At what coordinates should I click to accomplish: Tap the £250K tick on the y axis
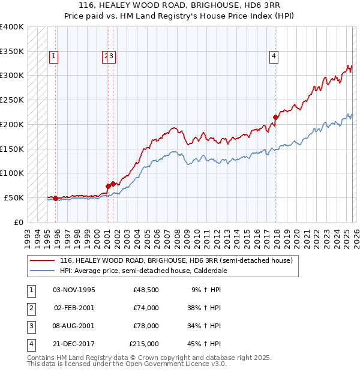[12, 100]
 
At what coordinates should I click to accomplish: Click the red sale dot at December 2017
[275, 117]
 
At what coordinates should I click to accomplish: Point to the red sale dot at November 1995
[55, 198]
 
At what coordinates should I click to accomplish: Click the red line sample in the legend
[42, 261]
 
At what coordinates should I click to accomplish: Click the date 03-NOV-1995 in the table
[74, 290]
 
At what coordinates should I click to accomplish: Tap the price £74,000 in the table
[146, 308]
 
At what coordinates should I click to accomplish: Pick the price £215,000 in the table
[144, 344]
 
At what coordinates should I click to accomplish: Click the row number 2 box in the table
[30, 308]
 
